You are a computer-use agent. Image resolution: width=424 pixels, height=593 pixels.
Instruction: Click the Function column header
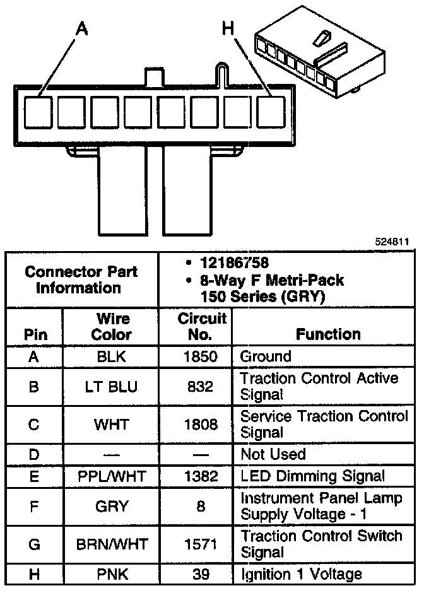328,334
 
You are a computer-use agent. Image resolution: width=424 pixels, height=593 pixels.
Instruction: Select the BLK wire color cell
112,356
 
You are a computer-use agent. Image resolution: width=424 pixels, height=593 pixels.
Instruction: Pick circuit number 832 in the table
200,387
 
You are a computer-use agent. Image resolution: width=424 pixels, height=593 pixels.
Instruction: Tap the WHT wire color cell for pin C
112,425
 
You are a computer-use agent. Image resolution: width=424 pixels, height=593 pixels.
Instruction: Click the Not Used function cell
273,454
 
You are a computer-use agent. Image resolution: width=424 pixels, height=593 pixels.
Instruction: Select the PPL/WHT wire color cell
112,476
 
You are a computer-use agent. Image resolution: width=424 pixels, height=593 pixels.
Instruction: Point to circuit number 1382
200,476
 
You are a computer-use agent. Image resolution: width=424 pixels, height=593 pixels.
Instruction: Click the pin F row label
34,506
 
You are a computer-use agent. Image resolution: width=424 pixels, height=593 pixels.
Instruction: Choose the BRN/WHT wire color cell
112,544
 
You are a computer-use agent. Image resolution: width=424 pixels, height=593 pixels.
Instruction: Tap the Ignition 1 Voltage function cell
301,574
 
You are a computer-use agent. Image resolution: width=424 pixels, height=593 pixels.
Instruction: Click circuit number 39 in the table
200,574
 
